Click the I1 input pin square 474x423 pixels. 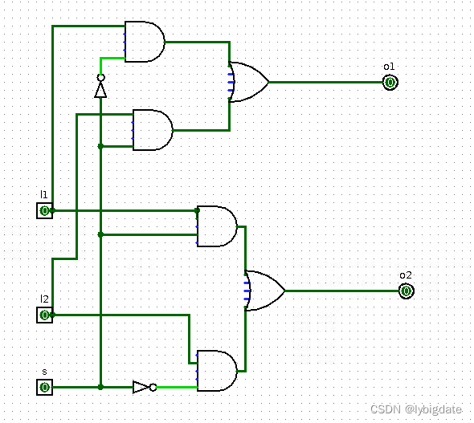pyautogui.click(x=44, y=210)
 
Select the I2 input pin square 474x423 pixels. pyautogui.click(x=44, y=315)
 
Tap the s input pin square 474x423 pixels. pyautogui.click(x=44, y=387)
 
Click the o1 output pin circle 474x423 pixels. pyautogui.click(x=390, y=82)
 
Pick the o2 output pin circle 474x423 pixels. pyautogui.click(x=406, y=291)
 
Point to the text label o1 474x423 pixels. pyautogui.click(x=389, y=66)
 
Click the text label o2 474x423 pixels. pyautogui.click(x=405, y=275)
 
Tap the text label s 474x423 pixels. pyautogui.click(x=44, y=372)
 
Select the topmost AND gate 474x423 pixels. pyautogui.click(x=145, y=42)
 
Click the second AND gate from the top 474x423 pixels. pyautogui.click(x=153, y=130)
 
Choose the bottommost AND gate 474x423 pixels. pyautogui.click(x=217, y=371)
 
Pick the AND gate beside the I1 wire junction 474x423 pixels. pyautogui.click(x=217, y=226)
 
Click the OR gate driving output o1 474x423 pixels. pyautogui.click(x=248, y=82)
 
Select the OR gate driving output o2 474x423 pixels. pyautogui.click(x=264, y=291)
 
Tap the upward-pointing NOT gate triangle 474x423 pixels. pyautogui.click(x=100, y=88)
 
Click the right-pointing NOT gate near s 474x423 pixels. pyautogui.click(x=142, y=387)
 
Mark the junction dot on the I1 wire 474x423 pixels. pyautogui.click(x=197, y=210)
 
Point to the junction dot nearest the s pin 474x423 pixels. pyautogui.click(x=100, y=387)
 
